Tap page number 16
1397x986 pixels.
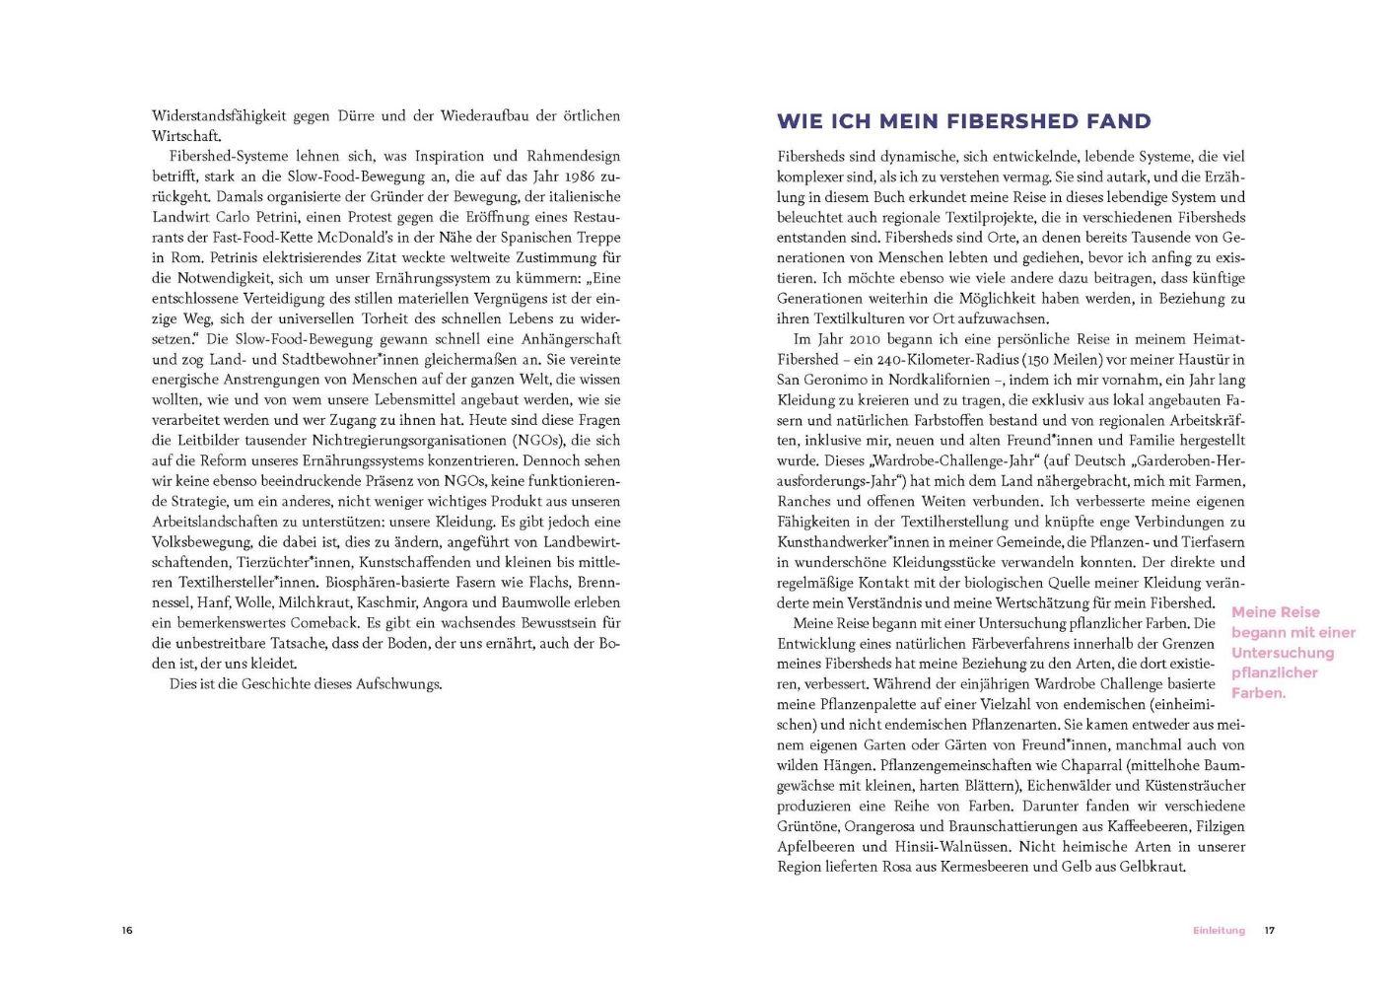pyautogui.click(x=127, y=930)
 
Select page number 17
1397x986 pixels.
pyautogui.click(x=1271, y=930)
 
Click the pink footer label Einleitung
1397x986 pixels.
pyautogui.click(x=1219, y=930)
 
